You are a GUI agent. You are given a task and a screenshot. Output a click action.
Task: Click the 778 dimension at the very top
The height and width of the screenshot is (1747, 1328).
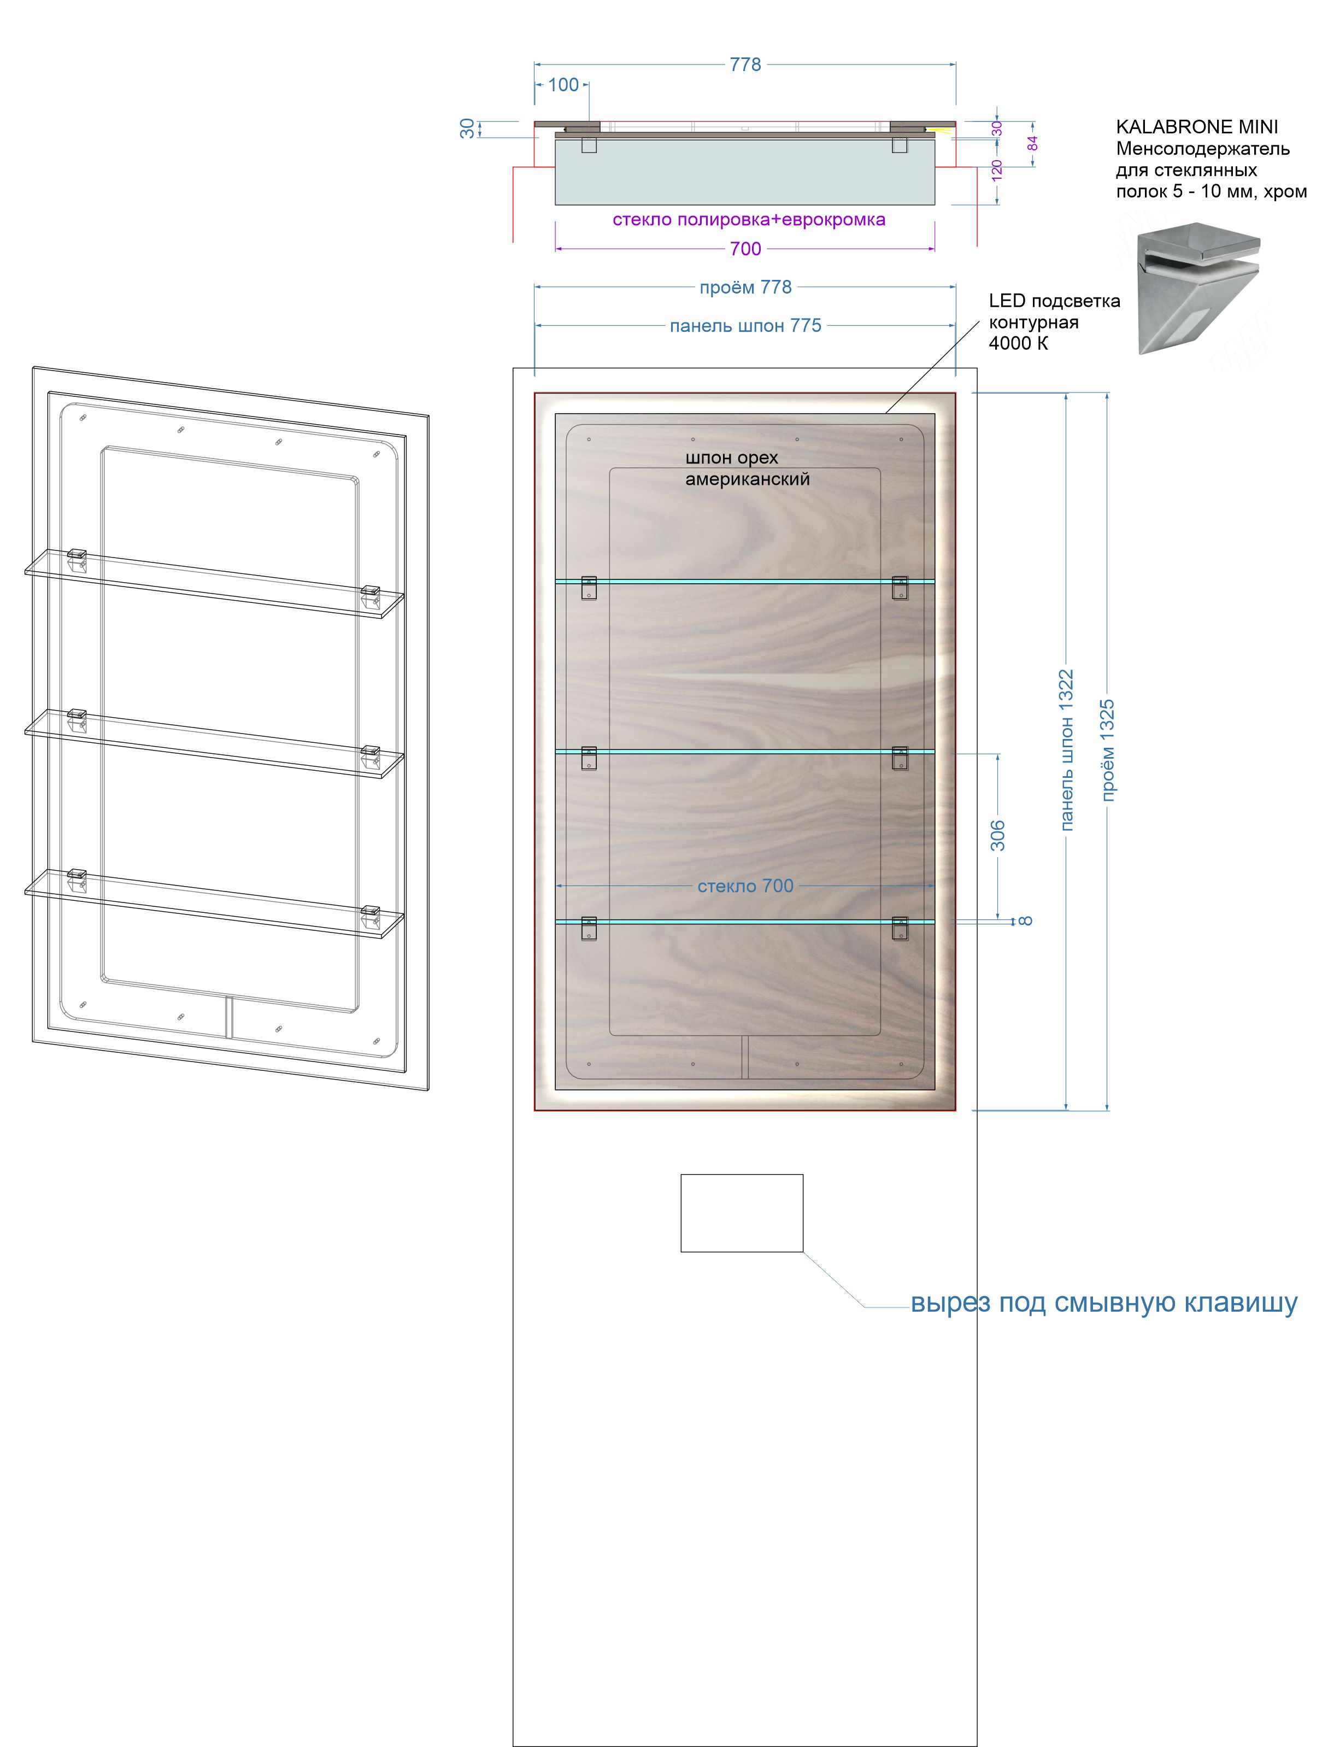[x=745, y=65]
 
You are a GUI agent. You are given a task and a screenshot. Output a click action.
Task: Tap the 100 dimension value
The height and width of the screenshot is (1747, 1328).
[x=563, y=85]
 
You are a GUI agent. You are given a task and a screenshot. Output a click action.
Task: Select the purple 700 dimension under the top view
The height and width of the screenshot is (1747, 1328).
[x=745, y=249]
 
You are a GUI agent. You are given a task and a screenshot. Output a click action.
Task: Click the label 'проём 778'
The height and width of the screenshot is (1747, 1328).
[x=745, y=288]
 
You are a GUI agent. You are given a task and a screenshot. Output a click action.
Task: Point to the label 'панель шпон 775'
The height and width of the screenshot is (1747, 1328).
[x=745, y=326]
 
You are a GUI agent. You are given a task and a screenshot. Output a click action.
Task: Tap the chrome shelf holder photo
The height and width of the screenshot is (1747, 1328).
[x=1197, y=292]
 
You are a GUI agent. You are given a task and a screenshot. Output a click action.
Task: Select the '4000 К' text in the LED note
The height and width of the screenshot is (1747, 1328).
[x=1018, y=344]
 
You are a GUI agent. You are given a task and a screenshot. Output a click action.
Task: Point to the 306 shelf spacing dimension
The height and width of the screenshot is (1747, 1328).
[x=998, y=836]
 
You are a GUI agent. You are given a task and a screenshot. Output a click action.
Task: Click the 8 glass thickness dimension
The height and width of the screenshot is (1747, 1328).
[x=1025, y=921]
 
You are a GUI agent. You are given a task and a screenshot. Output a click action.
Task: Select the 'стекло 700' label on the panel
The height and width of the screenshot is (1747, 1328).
[x=745, y=886]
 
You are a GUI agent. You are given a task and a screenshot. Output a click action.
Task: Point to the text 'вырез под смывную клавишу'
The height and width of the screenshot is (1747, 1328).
[x=1103, y=1302]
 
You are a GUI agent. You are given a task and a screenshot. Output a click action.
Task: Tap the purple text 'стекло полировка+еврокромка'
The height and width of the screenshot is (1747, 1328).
[x=749, y=220]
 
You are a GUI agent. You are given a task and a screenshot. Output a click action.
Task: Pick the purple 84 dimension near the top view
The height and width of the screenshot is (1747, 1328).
[x=1032, y=144]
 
